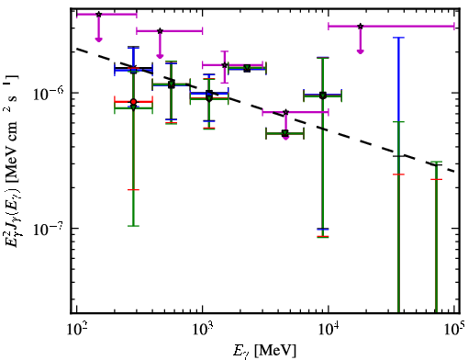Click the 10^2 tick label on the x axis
(x=76, y=331)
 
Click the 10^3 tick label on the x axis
(x=202, y=331)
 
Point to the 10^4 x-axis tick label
(x=329, y=331)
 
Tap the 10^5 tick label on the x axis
(x=454, y=330)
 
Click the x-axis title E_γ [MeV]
(x=264, y=351)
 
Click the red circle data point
(x=133, y=102)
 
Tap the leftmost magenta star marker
(x=98, y=14)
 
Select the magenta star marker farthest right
(x=361, y=27)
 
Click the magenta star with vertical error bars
(x=225, y=65)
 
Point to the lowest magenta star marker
(x=285, y=112)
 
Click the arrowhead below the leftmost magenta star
(x=98, y=39)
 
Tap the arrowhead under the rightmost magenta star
(x=361, y=51)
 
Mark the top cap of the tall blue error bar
(x=398, y=38)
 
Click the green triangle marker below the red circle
(x=133, y=107)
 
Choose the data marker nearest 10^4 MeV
(x=322, y=96)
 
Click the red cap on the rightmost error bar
(x=436, y=179)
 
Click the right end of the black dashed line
(x=455, y=172)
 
